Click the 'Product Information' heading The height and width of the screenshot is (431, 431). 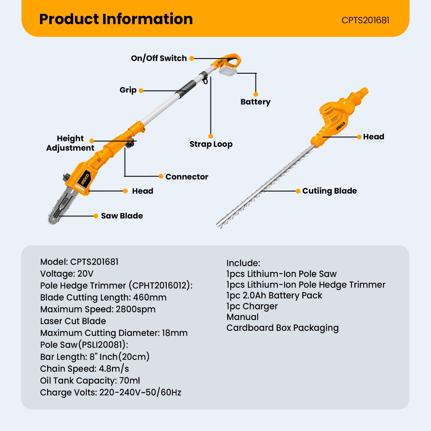tap(116, 19)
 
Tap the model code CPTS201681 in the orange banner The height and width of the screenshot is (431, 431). tap(365, 20)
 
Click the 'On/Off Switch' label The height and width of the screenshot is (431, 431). tap(159, 58)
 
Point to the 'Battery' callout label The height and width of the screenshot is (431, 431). tap(255, 102)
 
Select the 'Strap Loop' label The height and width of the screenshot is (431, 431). tap(211, 144)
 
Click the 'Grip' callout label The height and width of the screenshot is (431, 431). tap(128, 90)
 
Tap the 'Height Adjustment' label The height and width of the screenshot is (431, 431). tap(70, 143)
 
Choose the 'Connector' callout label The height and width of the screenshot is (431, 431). tap(186, 177)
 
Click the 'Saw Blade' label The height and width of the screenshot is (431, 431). tap(122, 216)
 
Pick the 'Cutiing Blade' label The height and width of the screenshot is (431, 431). tap(329, 191)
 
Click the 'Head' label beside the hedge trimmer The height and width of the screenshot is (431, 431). tap(373, 137)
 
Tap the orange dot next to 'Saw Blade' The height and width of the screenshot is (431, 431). tap(96, 216)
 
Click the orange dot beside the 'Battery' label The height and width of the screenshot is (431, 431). tap(255, 94)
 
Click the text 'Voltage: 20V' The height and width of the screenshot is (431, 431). tap(67, 274)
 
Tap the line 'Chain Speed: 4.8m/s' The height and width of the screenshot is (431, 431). tap(85, 369)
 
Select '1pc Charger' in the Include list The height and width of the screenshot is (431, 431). tap(252, 306)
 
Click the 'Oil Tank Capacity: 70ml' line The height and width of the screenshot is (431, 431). tap(90, 380)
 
